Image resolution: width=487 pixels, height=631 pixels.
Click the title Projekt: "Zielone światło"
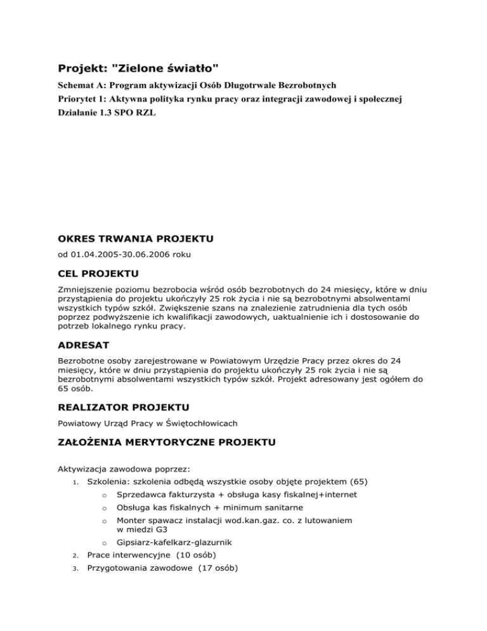140,69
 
